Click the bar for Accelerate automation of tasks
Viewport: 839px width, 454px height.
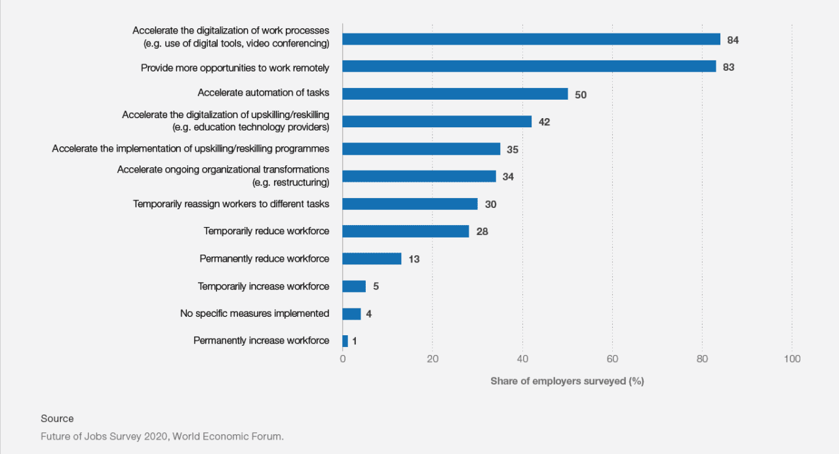pos(455,94)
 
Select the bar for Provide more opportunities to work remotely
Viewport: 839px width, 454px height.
pos(529,66)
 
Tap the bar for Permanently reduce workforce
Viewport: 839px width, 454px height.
pos(372,258)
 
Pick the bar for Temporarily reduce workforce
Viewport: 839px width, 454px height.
pos(406,231)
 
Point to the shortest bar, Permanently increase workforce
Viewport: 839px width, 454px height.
pos(345,340)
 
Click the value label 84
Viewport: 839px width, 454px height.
pos(733,40)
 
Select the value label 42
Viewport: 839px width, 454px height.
pos(544,122)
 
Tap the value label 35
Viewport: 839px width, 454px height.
pos(513,150)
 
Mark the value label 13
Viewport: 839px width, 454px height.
pos(414,259)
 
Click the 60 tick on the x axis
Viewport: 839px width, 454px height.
pos(612,359)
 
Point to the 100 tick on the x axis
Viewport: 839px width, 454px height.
pos(792,359)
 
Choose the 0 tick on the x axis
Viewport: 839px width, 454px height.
pos(343,359)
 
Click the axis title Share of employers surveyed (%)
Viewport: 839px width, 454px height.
pos(567,381)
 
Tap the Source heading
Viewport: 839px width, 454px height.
pos(57,419)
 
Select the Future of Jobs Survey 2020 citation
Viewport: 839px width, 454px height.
pos(162,436)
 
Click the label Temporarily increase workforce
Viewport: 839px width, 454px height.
pos(263,286)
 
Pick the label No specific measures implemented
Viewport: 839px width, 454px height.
pos(254,314)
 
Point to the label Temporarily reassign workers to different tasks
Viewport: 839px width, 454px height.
pos(231,204)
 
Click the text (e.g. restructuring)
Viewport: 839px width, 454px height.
pos(290,182)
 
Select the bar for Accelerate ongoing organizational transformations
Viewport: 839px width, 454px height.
pos(419,176)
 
